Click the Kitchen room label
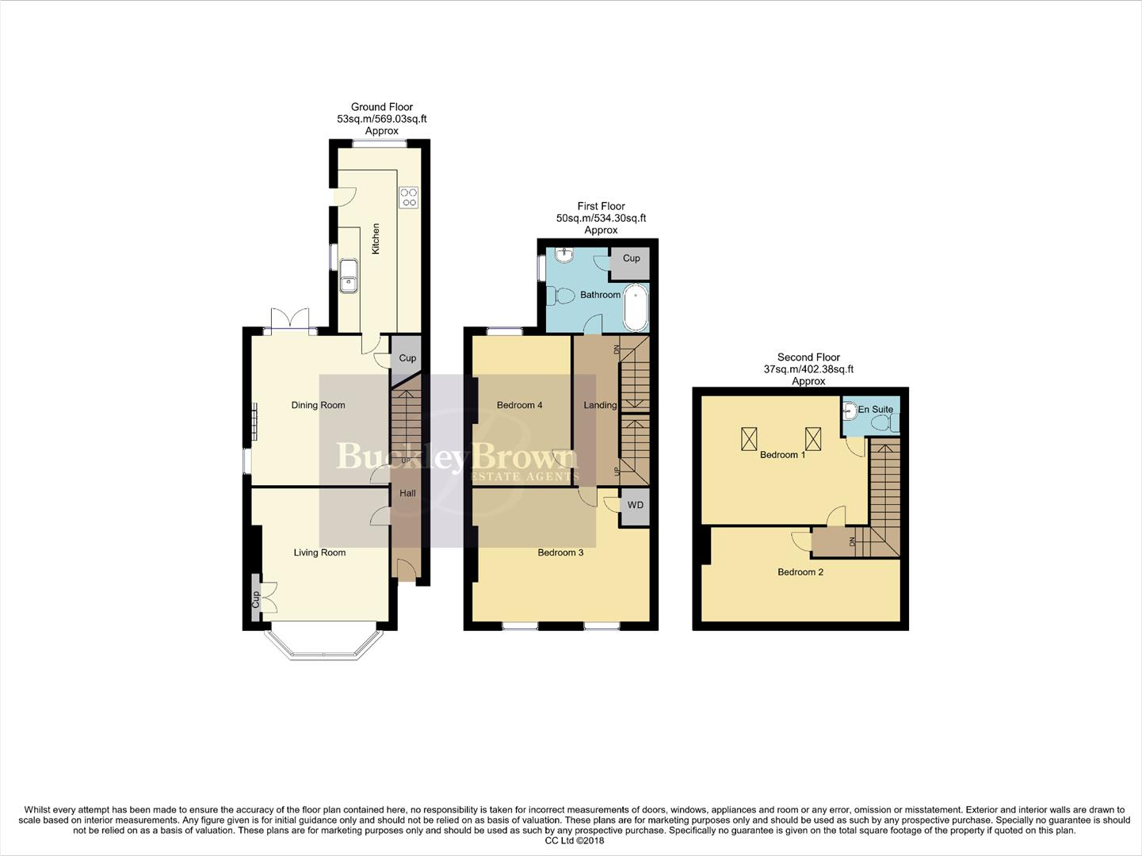coord(376,239)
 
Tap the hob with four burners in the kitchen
coord(409,197)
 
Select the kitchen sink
coord(348,274)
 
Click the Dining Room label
coord(318,405)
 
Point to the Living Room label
coord(319,552)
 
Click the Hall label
coord(407,493)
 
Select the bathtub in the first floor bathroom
coord(635,310)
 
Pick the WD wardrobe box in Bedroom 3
coord(635,506)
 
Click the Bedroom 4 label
coord(519,405)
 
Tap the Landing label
coord(600,405)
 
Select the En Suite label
coord(876,410)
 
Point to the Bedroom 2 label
coord(800,571)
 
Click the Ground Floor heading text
coord(382,107)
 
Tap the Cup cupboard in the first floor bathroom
coord(631,259)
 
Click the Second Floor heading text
coord(808,357)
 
